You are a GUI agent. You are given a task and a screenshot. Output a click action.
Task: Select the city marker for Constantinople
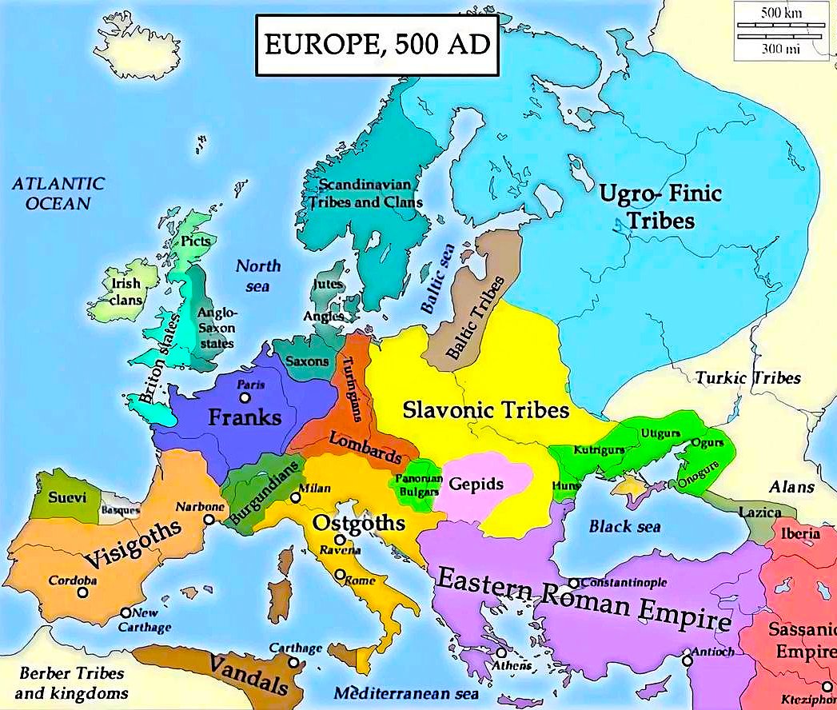coord(574,583)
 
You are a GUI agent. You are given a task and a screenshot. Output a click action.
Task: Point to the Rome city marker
coord(341,574)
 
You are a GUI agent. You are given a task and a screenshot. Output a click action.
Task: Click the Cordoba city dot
coord(83,593)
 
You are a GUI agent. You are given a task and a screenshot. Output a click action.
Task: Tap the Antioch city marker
coord(687,661)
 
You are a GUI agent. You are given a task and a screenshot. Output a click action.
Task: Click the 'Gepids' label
coord(476,484)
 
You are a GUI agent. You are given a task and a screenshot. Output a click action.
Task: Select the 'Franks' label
coord(245,417)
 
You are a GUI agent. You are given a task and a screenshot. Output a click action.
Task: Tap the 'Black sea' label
coord(625,526)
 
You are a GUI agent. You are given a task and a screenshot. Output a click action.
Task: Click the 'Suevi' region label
coord(63,497)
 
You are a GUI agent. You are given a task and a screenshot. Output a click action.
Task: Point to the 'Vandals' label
coord(249,675)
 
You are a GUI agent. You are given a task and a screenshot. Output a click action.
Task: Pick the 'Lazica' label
coord(760,512)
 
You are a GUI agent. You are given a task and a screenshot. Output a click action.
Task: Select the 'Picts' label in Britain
coord(196,240)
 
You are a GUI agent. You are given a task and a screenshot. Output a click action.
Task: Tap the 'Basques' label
coord(121,509)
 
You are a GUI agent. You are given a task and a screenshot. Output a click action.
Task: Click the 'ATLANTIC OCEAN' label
coord(58,193)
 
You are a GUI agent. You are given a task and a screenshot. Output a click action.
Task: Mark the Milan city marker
coord(296,497)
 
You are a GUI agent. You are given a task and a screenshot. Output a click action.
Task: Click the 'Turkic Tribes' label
coord(747,377)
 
